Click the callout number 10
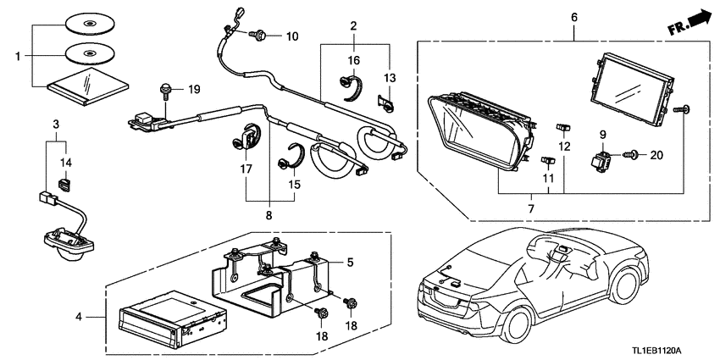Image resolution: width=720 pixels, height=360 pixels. pyautogui.click(x=292, y=36)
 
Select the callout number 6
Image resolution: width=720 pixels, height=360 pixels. pyautogui.click(x=574, y=16)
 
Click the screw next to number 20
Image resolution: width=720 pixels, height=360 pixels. pyautogui.click(x=629, y=155)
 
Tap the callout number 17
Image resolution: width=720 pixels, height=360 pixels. pyautogui.click(x=246, y=169)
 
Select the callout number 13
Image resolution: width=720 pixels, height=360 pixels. pyautogui.click(x=390, y=78)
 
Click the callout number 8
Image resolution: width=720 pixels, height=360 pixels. pyautogui.click(x=269, y=215)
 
